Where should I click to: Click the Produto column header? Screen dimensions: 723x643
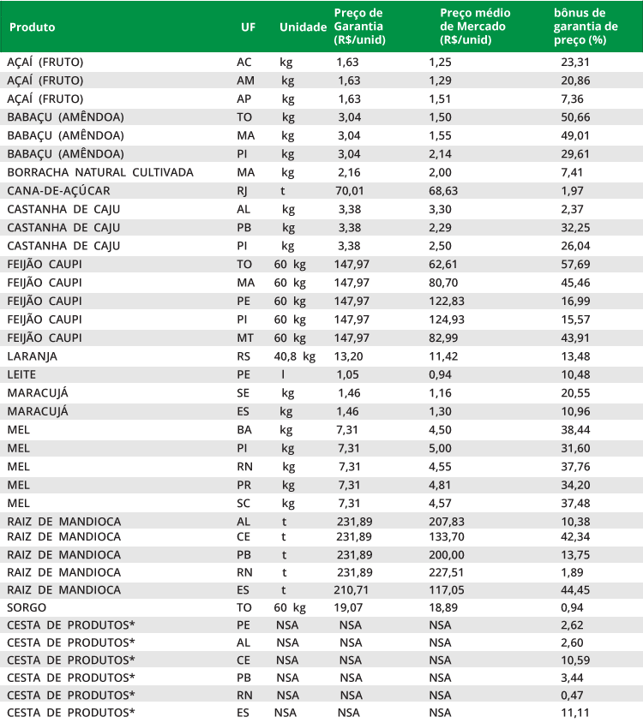click(x=33, y=27)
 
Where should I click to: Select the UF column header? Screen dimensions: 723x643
click(x=249, y=27)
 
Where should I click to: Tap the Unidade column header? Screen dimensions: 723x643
click(x=303, y=27)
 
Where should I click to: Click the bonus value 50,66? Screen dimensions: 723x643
click(x=575, y=117)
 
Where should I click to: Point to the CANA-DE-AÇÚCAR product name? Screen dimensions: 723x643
click(x=58, y=190)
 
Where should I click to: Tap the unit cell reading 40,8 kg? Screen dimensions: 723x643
click(x=294, y=356)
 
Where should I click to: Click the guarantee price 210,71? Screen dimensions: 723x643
click(x=352, y=590)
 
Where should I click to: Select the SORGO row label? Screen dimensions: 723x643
click(x=27, y=608)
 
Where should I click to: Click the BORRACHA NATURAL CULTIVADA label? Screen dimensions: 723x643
click(x=100, y=172)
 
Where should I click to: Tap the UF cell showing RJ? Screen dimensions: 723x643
click(x=243, y=190)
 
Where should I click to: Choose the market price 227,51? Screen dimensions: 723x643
click(x=447, y=572)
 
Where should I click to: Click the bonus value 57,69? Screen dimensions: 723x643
click(x=575, y=264)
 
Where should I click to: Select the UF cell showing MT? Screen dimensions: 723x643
click(x=244, y=338)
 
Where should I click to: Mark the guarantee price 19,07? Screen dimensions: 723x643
click(x=349, y=608)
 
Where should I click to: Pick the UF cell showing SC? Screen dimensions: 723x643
click(x=243, y=503)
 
